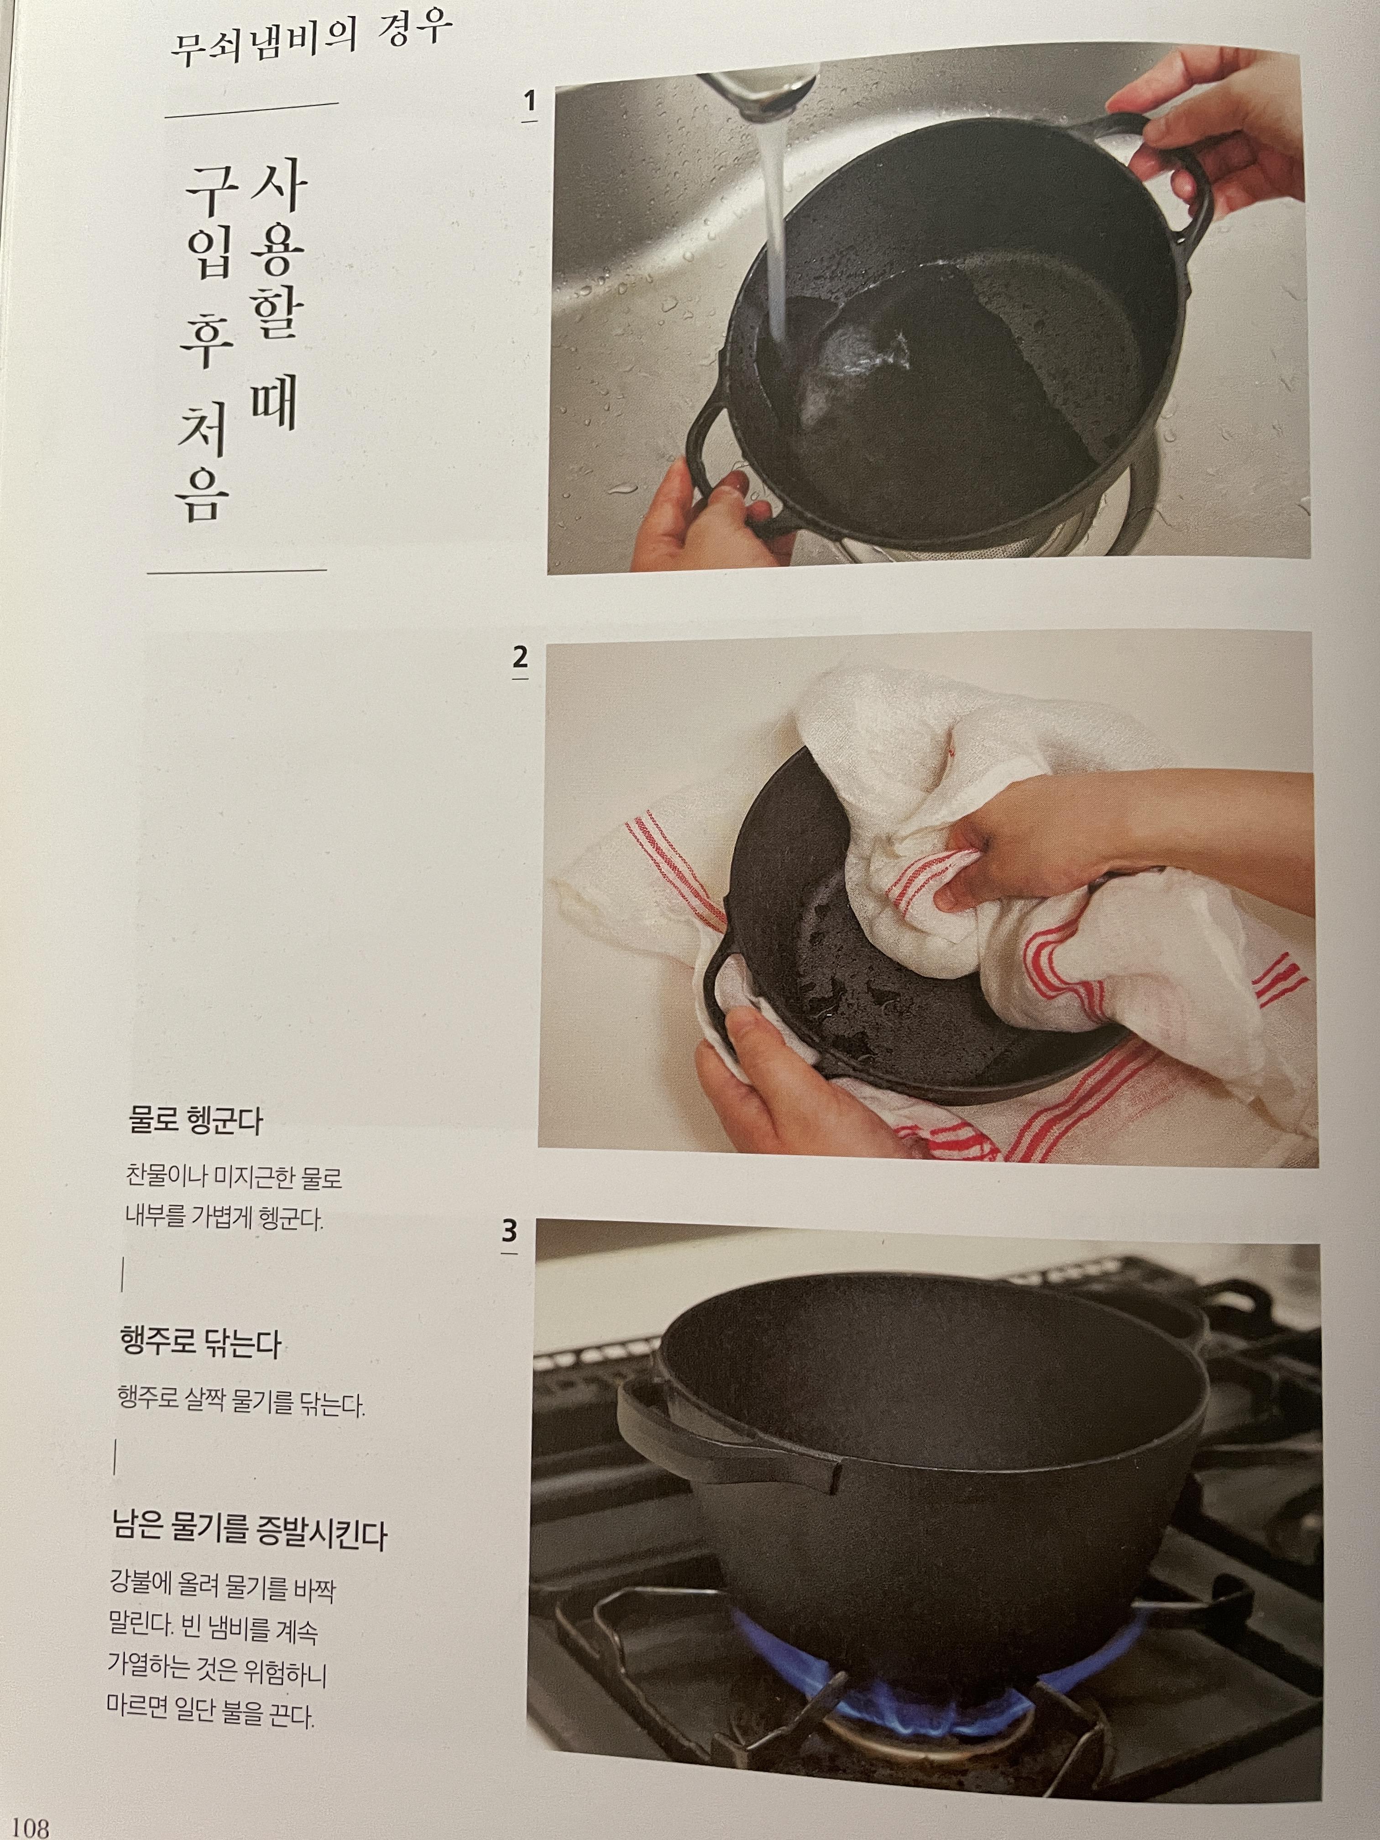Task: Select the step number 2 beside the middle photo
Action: [x=520, y=658]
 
